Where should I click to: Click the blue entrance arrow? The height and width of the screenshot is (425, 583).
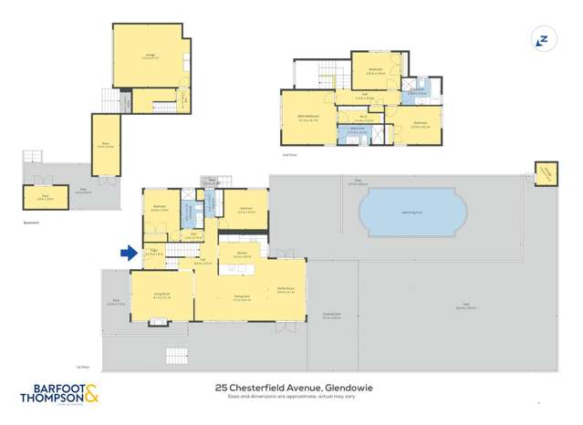pyautogui.click(x=129, y=254)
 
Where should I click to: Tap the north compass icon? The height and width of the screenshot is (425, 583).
pyautogui.click(x=542, y=40)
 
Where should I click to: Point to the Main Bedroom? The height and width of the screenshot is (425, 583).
pyautogui.click(x=308, y=117)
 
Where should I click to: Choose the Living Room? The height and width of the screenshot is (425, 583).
pyautogui.click(x=162, y=295)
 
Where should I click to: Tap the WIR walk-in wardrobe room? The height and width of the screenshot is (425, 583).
pyautogui.click(x=362, y=117)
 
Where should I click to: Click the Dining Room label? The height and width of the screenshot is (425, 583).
pyautogui.click(x=243, y=298)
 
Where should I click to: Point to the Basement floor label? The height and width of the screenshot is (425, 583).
pyautogui.click(x=29, y=220)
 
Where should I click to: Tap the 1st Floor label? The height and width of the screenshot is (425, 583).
pyautogui.click(x=109, y=367)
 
